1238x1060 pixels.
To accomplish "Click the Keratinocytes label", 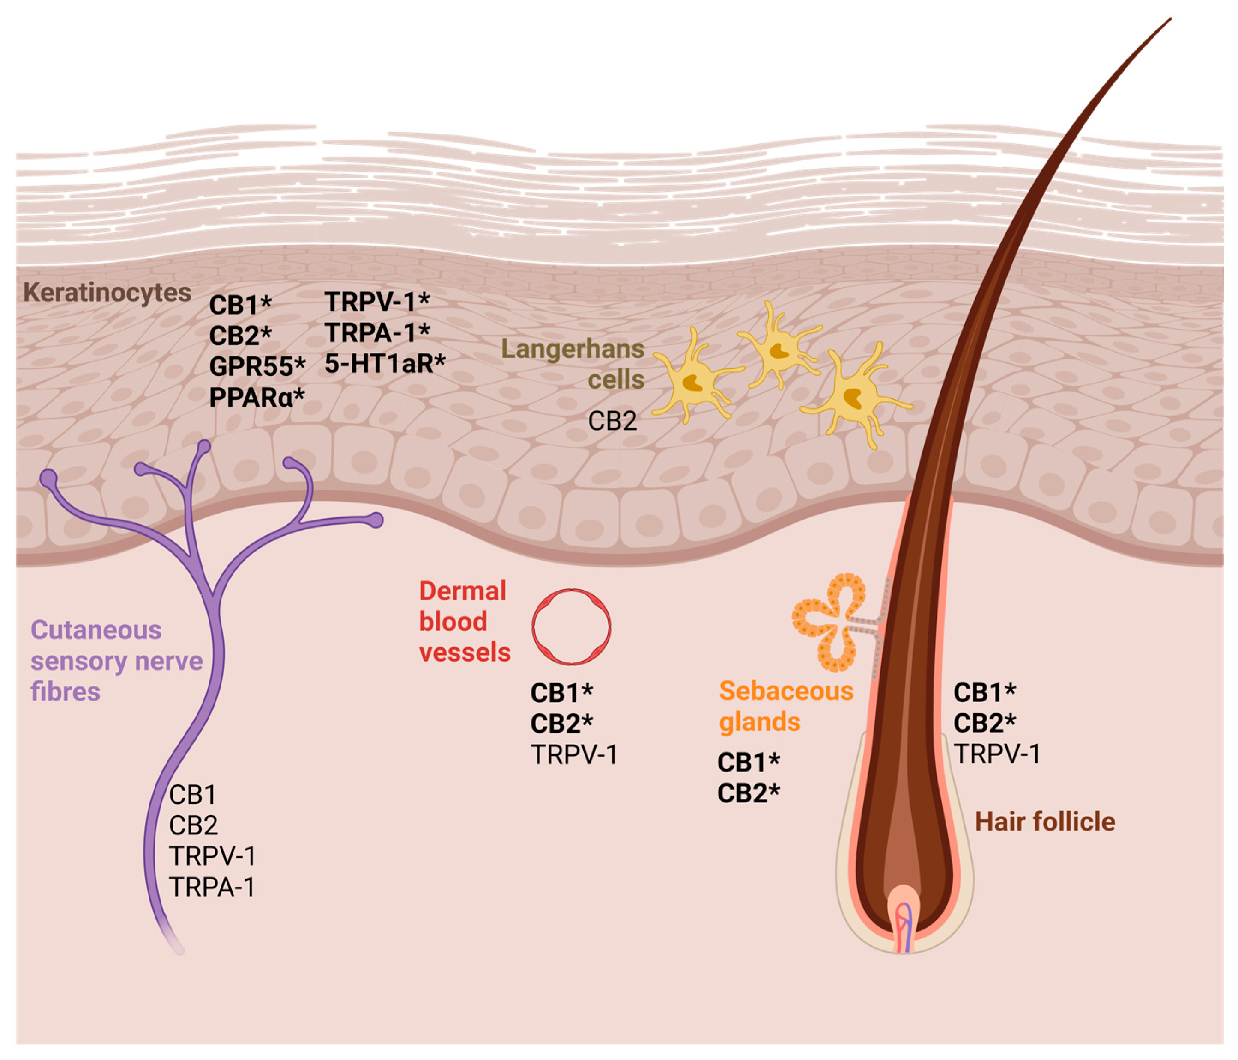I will [107, 293].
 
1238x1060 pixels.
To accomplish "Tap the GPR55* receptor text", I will [257, 366].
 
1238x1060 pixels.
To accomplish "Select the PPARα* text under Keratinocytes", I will [257, 397].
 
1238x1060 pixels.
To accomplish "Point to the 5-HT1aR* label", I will [385, 363].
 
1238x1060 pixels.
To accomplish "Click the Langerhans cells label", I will [573, 363].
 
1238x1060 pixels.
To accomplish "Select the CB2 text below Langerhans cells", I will [612, 421].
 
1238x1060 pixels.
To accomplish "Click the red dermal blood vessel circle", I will [571, 626].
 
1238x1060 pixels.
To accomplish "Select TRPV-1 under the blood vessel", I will [573, 755].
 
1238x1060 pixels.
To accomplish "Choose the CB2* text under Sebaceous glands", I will [748, 793].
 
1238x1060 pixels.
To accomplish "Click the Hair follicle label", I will [1044, 822].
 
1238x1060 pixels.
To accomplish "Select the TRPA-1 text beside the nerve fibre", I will [212, 887].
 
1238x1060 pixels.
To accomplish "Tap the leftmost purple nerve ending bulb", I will [48, 478].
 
